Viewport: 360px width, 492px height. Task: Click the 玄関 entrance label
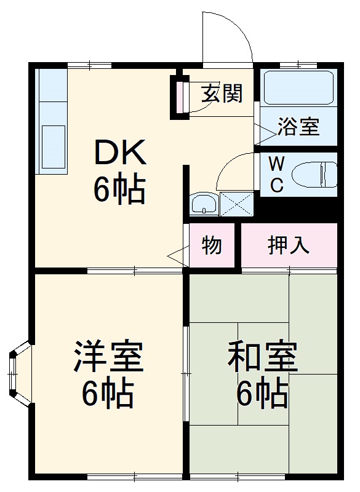point(222,93)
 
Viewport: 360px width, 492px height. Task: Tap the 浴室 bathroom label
point(298,127)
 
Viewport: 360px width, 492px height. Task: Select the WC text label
point(277,174)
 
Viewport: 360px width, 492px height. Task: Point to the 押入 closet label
point(288,245)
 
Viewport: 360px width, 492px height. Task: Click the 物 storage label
point(212,245)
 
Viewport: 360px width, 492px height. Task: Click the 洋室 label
point(109,357)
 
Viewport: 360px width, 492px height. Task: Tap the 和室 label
point(263,357)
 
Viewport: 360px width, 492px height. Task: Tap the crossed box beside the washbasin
point(236,204)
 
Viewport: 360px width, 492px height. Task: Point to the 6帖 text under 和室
point(263,393)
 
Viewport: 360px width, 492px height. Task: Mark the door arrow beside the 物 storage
point(176,256)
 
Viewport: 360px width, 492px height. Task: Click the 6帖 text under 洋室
point(109,394)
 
